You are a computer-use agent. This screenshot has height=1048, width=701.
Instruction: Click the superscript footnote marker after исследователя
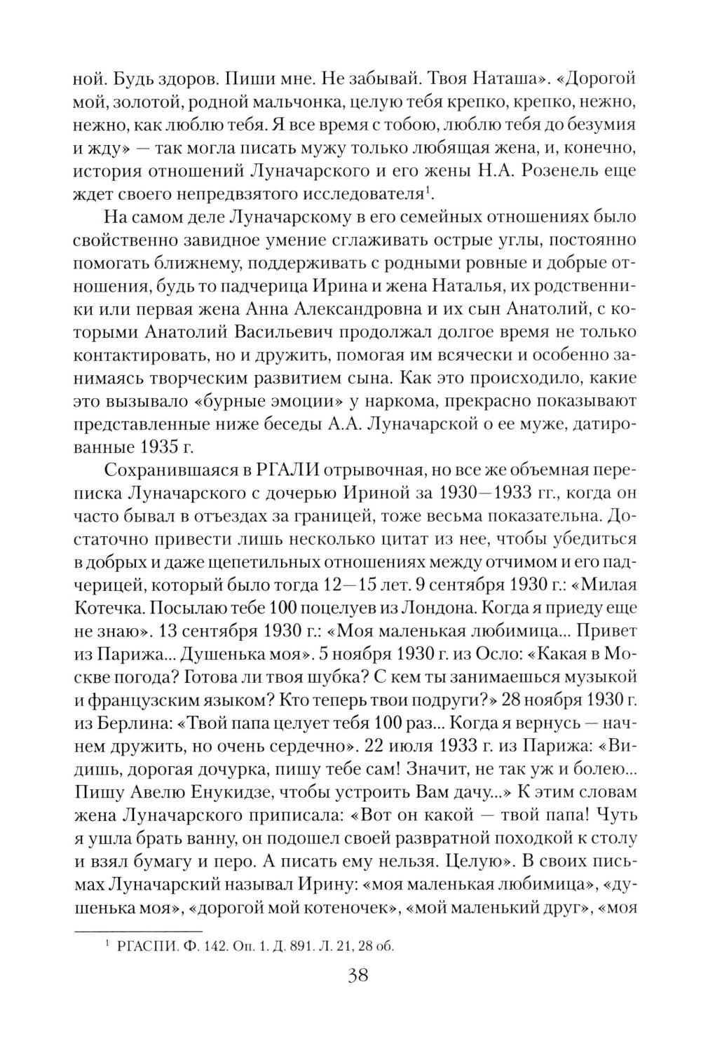pyautogui.click(x=430, y=189)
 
